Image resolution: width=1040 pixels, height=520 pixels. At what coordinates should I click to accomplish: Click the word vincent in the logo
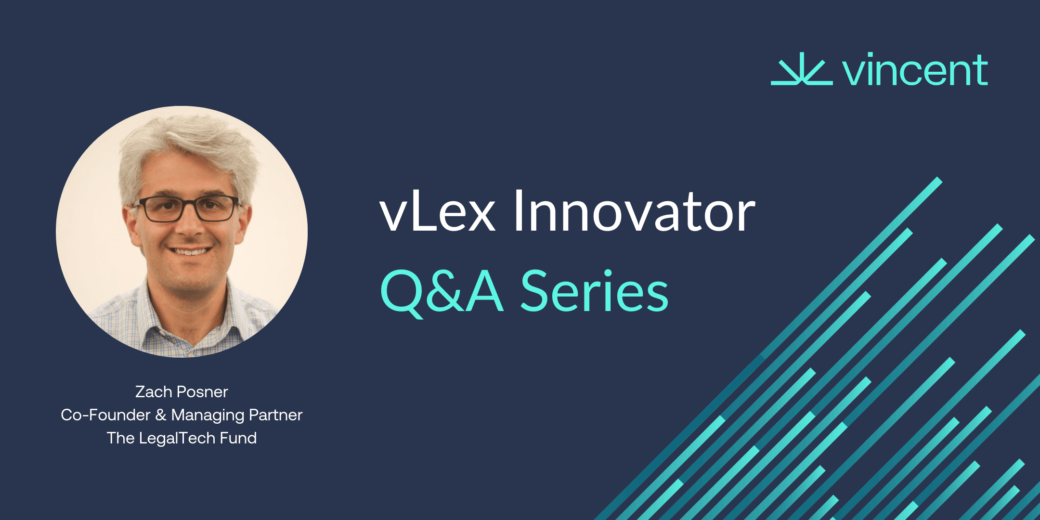(x=915, y=71)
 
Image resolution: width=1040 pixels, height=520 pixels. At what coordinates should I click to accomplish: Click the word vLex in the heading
(x=437, y=212)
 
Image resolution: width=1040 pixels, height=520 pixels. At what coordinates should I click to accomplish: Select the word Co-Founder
(x=105, y=415)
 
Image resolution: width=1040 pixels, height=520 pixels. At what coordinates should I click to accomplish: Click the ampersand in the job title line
(x=161, y=415)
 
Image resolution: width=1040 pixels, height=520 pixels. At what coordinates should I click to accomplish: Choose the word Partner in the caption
(x=275, y=415)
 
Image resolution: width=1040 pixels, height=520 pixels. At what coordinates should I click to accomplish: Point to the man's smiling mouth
(x=191, y=251)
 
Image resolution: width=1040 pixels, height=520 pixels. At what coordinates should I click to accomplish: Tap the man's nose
(x=191, y=226)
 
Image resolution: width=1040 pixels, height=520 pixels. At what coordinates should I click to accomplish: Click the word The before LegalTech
(x=120, y=438)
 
